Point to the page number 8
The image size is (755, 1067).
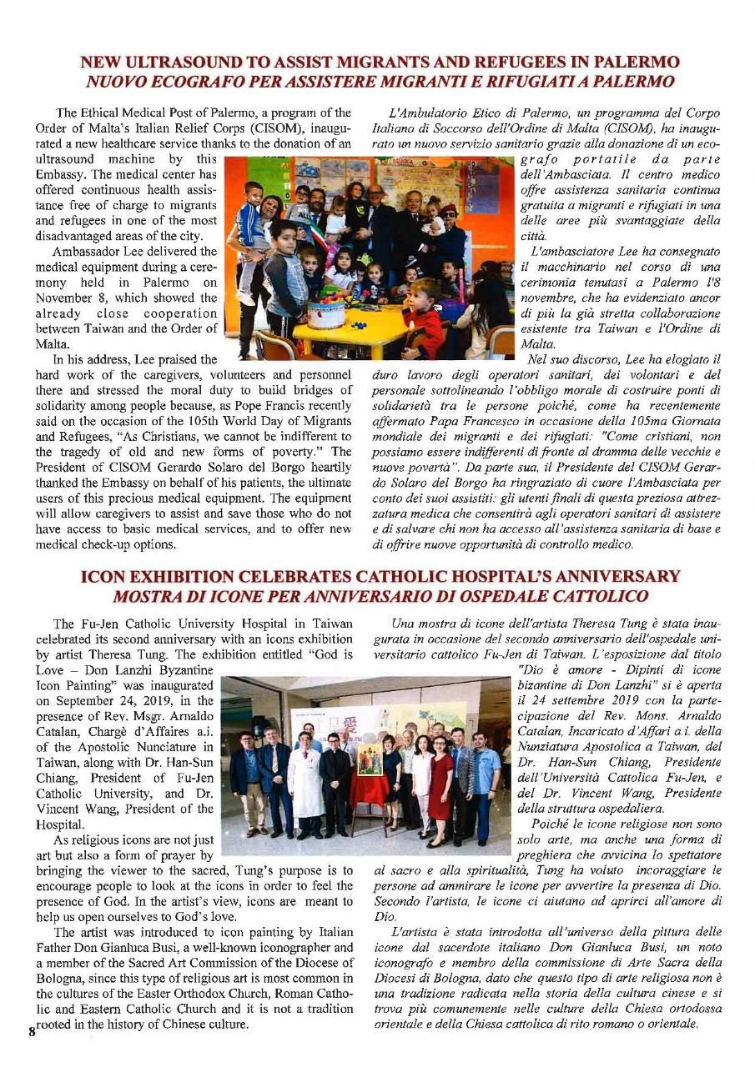point(31,1030)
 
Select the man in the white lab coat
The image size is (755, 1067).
point(305,779)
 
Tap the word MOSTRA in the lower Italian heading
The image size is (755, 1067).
point(148,595)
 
